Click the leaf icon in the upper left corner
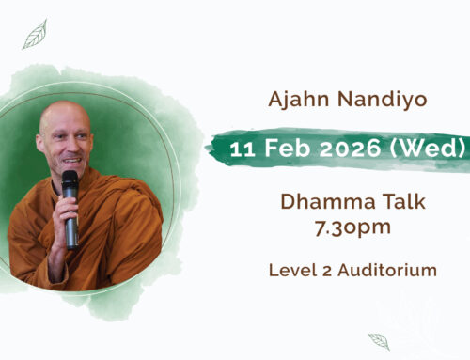tap(34, 36)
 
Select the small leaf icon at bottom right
tap(379, 340)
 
